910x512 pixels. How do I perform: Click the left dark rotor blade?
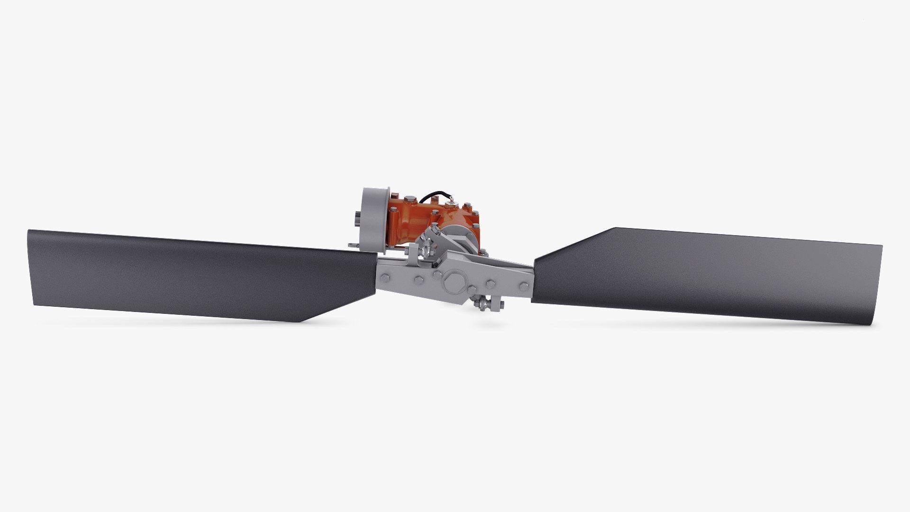coord(190,275)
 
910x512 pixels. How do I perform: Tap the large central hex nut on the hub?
coord(454,283)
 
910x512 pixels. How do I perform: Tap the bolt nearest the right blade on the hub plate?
coord(524,286)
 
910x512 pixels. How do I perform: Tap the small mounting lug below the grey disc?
coord(353,245)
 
